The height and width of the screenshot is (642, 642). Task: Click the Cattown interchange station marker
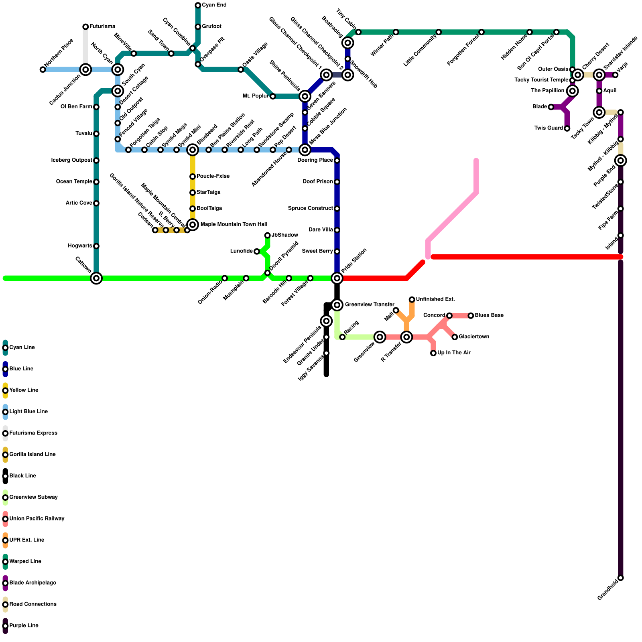point(96,278)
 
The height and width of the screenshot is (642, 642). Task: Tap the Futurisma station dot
point(85,27)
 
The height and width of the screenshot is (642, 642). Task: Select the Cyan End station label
point(214,5)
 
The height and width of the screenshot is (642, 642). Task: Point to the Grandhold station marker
point(621,578)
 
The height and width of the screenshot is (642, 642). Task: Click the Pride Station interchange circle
point(337,278)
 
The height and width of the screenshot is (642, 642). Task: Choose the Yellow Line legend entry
point(21,390)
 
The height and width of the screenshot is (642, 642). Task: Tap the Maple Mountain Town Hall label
point(234,224)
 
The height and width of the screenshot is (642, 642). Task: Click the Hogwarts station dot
point(96,246)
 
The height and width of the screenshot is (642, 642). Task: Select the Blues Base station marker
point(471,316)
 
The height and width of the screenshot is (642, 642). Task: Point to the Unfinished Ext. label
point(435,299)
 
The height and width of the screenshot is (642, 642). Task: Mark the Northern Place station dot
point(43,69)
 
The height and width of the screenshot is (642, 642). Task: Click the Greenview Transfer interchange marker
point(337,305)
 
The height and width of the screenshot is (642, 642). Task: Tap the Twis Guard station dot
point(567,128)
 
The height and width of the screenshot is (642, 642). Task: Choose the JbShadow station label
point(284,235)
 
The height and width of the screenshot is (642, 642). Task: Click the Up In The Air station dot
point(433,353)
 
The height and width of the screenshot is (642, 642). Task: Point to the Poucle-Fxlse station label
point(213,177)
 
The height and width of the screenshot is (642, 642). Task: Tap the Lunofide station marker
point(257,252)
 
